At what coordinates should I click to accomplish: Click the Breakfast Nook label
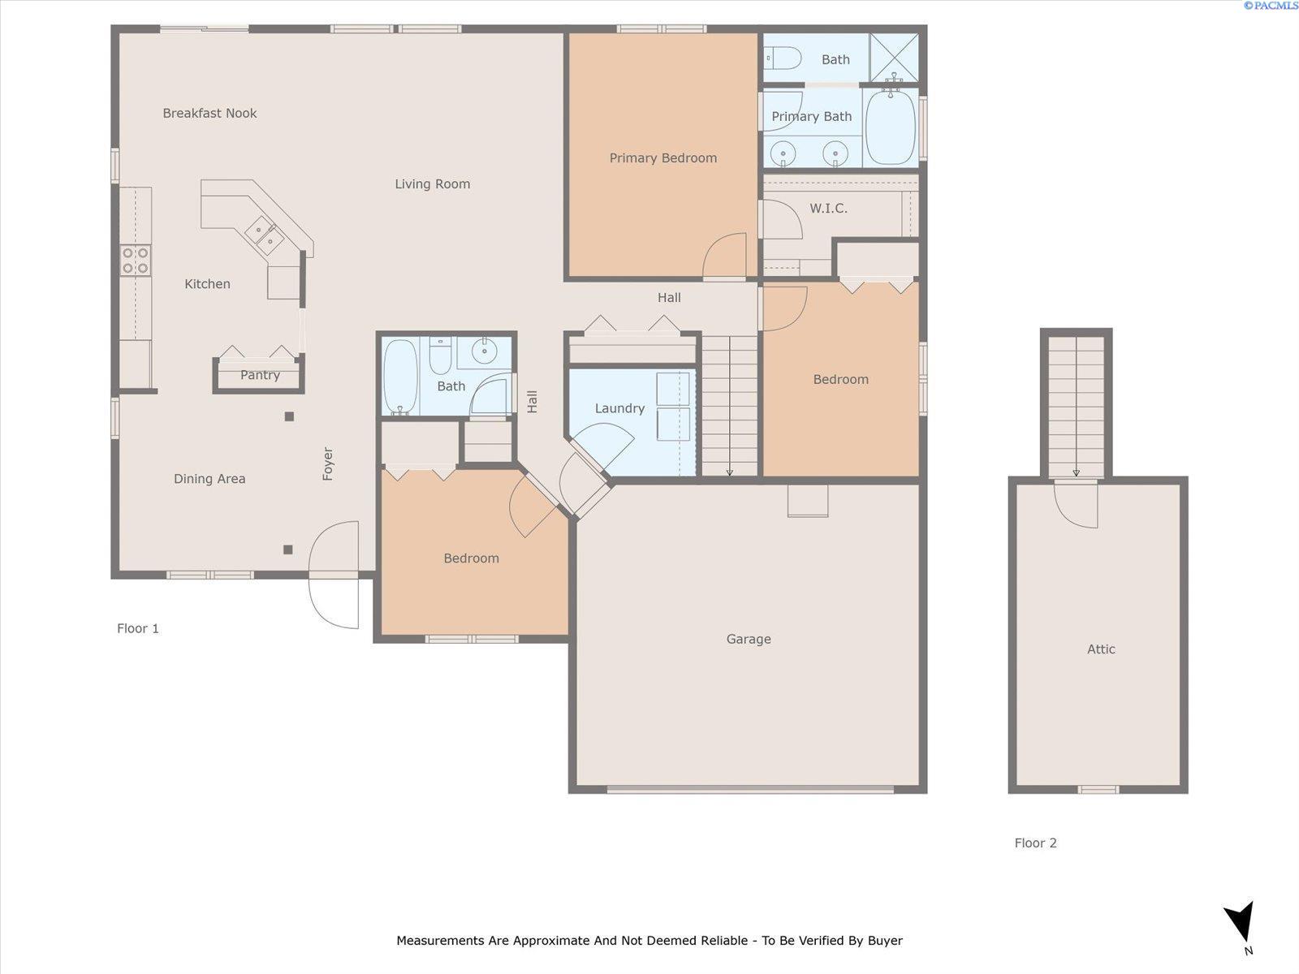point(209,113)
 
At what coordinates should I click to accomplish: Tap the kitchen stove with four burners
point(136,260)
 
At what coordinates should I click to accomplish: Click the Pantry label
point(260,375)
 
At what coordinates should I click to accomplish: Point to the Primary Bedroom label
point(662,158)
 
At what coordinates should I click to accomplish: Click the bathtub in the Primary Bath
point(891,127)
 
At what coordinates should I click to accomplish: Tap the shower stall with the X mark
point(894,57)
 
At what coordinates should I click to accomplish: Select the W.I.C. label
point(828,209)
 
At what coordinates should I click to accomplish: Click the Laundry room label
point(619,408)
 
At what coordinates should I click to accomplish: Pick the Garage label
point(749,639)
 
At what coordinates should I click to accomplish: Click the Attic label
point(1101,649)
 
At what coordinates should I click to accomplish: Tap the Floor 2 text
point(1035,843)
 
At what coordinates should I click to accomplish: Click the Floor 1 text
point(138,628)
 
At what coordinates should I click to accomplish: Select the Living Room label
point(432,184)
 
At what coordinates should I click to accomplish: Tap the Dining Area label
point(209,479)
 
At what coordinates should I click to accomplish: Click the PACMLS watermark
point(1271,6)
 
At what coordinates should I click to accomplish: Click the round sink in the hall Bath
point(484,351)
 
